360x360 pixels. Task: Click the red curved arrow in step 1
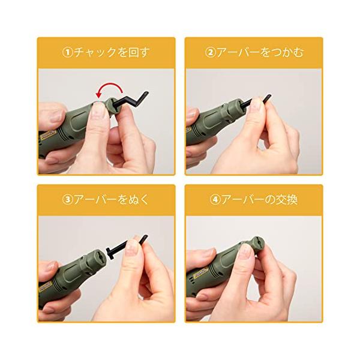[108, 84]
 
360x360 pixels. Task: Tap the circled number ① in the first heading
[67, 53]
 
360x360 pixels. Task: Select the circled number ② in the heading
[210, 53]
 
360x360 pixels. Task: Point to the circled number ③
[67, 200]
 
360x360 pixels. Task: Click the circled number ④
[215, 200]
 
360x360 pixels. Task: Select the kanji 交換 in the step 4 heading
[287, 200]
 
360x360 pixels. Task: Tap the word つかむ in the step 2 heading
[287, 53]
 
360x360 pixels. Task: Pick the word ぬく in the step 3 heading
[139, 200]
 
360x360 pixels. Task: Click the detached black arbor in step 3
[126, 247]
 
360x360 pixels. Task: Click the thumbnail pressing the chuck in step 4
[245, 251]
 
